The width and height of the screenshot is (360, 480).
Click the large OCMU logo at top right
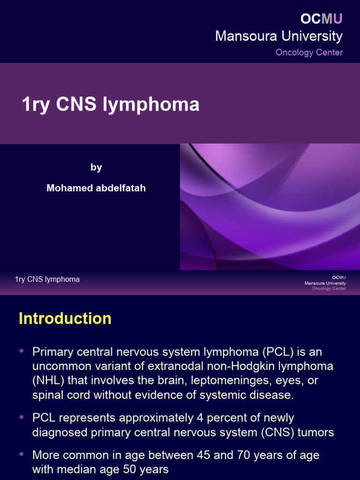322,19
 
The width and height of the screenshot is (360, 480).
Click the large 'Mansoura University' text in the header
278,36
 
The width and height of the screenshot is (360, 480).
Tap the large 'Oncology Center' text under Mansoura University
309,52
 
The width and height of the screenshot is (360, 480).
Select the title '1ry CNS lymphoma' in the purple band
111,105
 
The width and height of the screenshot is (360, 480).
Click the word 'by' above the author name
96,167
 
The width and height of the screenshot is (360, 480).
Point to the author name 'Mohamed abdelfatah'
96,188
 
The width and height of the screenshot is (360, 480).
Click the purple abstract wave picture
270,206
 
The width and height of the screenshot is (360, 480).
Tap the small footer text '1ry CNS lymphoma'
47,279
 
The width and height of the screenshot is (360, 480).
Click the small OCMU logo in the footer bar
339,277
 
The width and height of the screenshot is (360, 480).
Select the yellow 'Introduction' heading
65,319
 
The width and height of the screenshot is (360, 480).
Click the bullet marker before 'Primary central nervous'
22,351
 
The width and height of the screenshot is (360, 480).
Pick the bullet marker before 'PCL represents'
22,416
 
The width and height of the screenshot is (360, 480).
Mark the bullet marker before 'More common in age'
22,454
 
